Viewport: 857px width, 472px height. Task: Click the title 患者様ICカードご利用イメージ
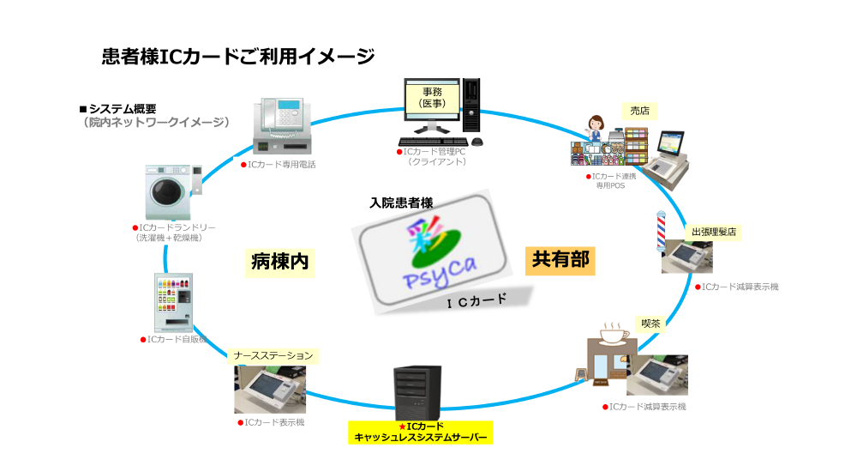(238, 57)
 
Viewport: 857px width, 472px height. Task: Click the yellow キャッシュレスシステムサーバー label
(421, 432)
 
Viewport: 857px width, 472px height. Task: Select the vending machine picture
(173, 302)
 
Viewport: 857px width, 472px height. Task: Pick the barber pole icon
(661, 230)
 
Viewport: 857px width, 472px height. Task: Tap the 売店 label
(639, 111)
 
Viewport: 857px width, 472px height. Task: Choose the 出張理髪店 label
(714, 232)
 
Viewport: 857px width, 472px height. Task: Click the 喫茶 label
(651, 324)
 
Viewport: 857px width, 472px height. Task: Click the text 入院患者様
(401, 203)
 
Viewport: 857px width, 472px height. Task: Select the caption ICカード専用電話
(280, 164)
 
